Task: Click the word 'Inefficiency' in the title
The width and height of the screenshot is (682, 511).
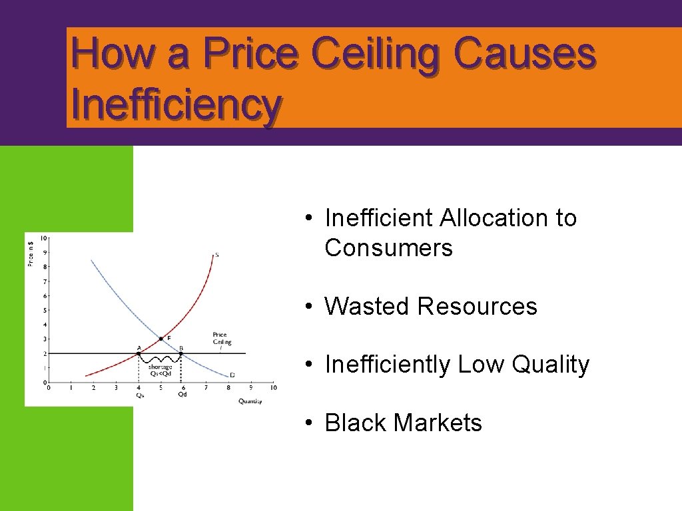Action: pos(176,105)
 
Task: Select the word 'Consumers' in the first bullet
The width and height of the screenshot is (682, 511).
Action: pos(388,248)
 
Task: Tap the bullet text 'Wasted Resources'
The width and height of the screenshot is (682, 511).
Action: pos(430,306)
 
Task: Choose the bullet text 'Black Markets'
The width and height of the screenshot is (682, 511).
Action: pos(403,423)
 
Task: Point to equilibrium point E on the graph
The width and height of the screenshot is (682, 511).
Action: pos(161,339)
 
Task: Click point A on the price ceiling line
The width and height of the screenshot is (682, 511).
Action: pos(139,353)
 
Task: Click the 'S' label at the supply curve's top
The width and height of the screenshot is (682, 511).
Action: pos(216,254)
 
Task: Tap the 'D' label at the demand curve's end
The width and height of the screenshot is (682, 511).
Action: pos(232,375)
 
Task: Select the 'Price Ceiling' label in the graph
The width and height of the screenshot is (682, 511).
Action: pos(222,339)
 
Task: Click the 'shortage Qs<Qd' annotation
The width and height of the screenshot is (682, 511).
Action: pos(160,370)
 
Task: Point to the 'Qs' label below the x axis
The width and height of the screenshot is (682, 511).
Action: pos(139,395)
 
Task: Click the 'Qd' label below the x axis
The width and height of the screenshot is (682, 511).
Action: pos(182,395)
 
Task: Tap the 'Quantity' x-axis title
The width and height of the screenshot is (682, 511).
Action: pos(250,401)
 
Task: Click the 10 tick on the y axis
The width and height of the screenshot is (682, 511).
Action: pos(43,238)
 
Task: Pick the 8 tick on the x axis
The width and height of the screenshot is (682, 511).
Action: pos(228,387)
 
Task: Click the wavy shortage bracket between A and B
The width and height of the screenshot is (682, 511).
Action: pos(161,360)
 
